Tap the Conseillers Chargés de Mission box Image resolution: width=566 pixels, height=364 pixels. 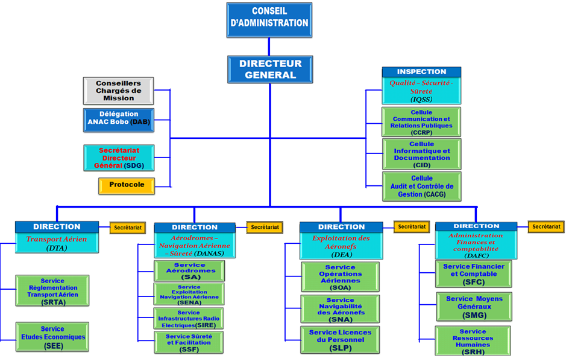click(x=118, y=91)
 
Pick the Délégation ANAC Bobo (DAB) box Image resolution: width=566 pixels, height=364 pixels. click(x=118, y=120)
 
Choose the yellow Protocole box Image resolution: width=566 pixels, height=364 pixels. click(x=126, y=186)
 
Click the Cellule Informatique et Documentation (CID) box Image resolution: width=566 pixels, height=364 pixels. click(x=421, y=154)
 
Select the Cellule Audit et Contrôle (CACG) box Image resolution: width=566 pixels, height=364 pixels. click(x=421, y=187)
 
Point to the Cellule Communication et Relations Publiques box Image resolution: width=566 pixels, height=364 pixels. click(x=421, y=121)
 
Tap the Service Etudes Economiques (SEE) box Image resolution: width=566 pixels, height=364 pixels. click(x=52, y=337)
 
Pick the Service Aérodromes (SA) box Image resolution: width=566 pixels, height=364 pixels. click(x=189, y=271)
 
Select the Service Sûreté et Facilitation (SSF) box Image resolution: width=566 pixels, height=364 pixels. click(x=189, y=342)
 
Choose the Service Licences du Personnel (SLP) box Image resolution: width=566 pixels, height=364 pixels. click(x=340, y=340)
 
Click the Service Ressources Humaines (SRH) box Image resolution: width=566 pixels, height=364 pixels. click(x=473, y=340)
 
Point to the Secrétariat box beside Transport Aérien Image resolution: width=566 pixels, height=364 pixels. click(x=127, y=228)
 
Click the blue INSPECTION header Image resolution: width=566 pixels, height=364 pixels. click(x=421, y=72)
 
